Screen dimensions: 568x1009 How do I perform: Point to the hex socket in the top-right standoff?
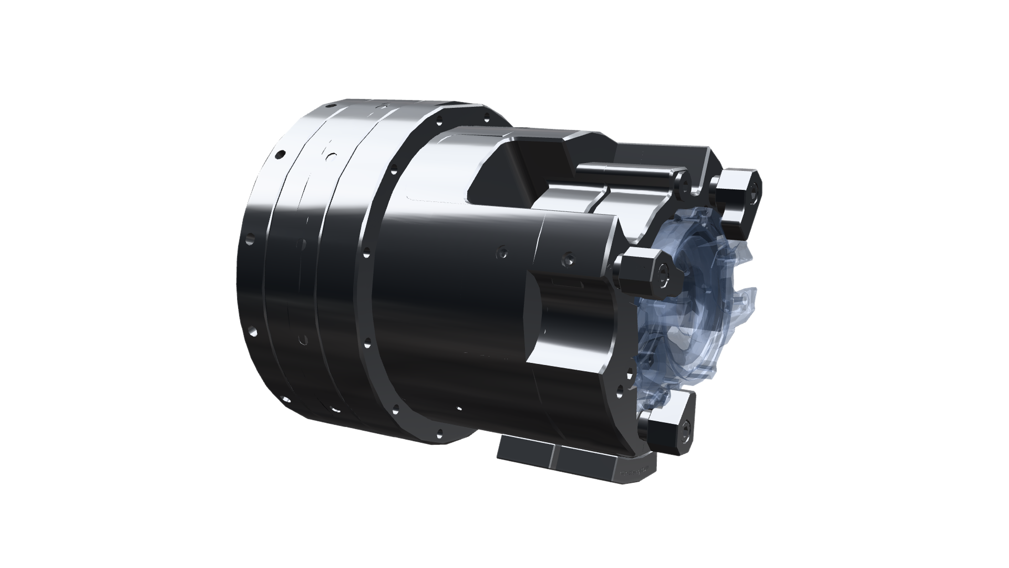click(x=754, y=190)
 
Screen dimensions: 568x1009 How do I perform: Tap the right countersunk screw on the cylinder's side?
click(x=568, y=259)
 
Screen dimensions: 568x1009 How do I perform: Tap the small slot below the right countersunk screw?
click(x=568, y=285)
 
